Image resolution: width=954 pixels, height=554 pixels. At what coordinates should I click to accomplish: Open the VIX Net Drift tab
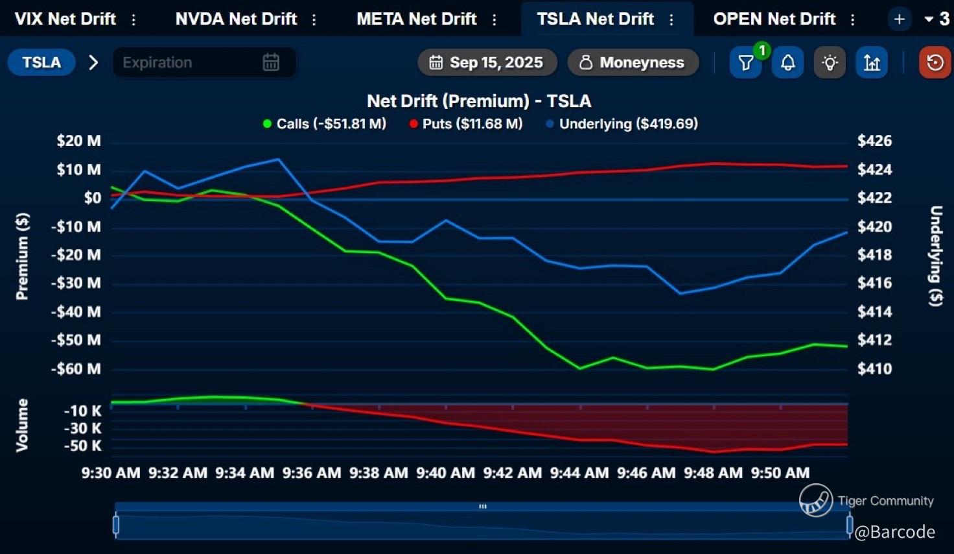65,19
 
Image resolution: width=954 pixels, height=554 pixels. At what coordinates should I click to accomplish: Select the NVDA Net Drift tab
236,19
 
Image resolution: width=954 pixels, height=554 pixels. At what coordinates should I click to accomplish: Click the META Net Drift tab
416,19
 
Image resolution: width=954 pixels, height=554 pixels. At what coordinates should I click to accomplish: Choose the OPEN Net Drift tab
774,19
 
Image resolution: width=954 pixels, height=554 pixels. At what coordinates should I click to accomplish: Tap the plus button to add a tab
899,19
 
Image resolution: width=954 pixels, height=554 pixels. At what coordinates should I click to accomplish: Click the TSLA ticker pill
41,62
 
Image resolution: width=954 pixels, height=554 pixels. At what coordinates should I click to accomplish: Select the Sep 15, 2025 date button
487,62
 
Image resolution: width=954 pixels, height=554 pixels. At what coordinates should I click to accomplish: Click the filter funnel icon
745,63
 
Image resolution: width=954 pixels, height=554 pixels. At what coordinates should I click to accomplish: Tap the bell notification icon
787,63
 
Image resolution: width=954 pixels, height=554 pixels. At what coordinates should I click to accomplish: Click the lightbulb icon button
830,63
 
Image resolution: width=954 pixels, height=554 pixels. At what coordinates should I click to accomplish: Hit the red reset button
935,63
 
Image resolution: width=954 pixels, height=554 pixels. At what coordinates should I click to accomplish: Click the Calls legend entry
325,124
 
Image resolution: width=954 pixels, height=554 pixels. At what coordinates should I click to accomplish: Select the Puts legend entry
466,124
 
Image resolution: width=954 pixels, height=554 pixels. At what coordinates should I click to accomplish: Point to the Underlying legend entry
622,124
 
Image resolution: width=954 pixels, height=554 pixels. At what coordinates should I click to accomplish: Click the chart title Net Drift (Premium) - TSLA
478,101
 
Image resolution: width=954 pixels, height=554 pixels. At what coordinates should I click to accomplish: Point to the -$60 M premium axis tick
76,369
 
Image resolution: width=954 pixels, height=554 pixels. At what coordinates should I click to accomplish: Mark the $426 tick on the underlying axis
874,141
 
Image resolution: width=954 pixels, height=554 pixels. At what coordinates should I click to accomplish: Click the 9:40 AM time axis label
445,473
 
